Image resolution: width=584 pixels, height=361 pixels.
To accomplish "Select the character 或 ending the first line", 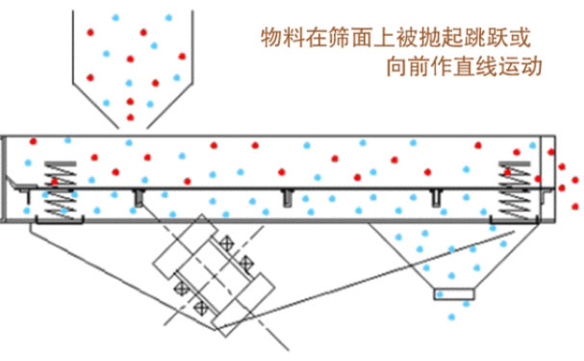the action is (x=521, y=38).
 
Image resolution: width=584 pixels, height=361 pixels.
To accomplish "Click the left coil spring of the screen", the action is (x=61, y=190).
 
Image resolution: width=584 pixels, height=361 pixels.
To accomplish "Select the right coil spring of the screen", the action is (x=515, y=190).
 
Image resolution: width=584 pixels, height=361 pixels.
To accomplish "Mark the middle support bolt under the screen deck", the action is (x=286, y=197).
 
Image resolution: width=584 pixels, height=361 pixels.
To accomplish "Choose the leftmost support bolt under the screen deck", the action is (x=139, y=197).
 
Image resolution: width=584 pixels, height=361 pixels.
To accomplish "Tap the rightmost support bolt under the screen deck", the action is (x=435, y=197).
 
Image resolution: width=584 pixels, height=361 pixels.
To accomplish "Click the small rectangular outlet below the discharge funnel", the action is (x=454, y=294).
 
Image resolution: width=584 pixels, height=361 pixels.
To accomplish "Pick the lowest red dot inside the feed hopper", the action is (x=130, y=117).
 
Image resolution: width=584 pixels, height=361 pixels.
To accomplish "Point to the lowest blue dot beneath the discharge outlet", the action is (x=451, y=317).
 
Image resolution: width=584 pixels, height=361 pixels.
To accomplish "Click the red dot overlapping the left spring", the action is (x=55, y=181).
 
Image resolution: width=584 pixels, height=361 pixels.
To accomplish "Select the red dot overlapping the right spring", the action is (x=507, y=172).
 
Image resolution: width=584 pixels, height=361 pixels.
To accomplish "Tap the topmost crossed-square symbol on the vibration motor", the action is (x=226, y=244).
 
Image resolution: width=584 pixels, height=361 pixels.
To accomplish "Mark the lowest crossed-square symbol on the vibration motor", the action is (x=201, y=308).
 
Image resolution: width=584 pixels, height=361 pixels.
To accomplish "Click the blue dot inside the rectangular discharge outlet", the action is (x=440, y=295).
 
